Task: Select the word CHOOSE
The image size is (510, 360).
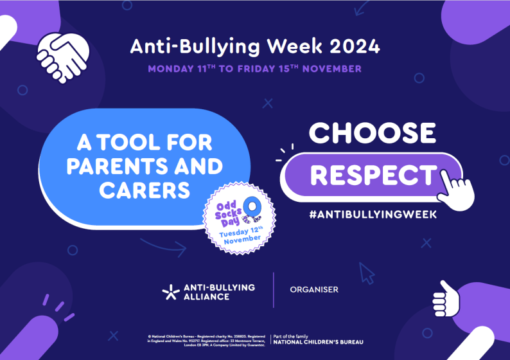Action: tap(373, 133)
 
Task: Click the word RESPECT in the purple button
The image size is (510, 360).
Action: tap(372, 175)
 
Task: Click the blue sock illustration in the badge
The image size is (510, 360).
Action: tap(255, 210)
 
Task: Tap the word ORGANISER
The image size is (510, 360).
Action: tap(313, 290)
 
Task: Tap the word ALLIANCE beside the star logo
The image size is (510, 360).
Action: tap(208, 297)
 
